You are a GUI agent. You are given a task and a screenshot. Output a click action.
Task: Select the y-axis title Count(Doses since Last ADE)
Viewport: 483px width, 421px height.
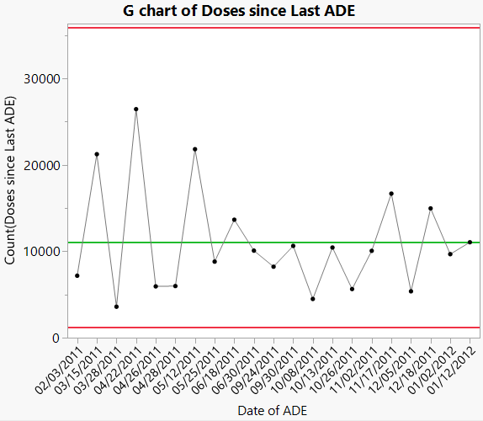point(10,180)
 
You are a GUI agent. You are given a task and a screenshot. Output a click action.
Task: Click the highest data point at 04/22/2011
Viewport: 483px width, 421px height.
point(136,109)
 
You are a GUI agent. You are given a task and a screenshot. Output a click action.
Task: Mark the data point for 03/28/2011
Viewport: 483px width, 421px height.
point(116,306)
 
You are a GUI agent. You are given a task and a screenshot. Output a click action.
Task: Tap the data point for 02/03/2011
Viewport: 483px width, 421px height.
point(77,275)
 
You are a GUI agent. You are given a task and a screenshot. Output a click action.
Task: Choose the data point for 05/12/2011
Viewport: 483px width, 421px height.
point(195,149)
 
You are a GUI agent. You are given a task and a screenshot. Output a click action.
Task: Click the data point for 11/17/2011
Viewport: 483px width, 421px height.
point(391,194)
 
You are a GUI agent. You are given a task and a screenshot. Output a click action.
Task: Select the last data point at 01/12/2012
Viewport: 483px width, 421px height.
point(470,242)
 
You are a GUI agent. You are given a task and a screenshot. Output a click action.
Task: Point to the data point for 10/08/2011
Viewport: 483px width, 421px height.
point(313,299)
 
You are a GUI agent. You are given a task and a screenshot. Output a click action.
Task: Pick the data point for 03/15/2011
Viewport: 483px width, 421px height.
point(97,154)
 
